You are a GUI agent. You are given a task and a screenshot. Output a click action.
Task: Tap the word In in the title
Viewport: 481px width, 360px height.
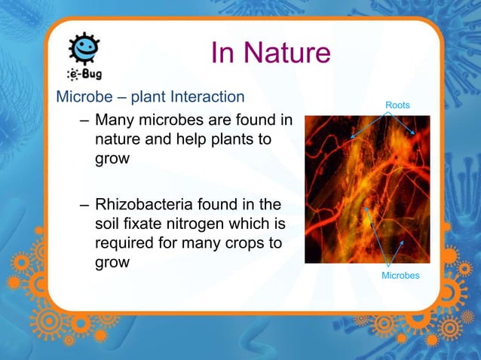222,53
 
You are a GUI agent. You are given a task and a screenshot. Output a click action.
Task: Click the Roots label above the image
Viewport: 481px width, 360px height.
397,105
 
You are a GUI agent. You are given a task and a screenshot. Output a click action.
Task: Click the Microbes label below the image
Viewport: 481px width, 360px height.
400,276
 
